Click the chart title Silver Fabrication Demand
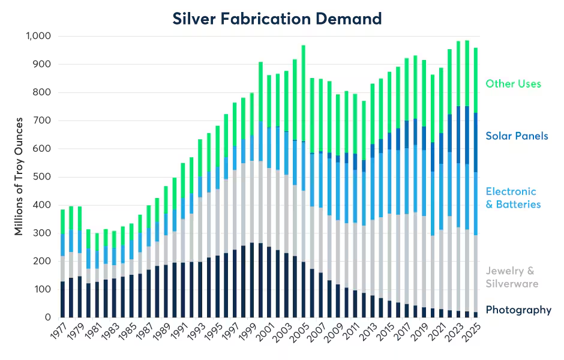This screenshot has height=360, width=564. [277, 19]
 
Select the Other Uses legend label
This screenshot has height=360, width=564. [513, 84]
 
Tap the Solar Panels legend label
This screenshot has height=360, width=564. [517, 136]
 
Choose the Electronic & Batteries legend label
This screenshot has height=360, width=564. [513, 198]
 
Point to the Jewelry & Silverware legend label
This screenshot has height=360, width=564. [512, 277]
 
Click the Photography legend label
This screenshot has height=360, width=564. [518, 310]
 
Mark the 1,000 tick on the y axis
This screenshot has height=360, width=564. [38, 36]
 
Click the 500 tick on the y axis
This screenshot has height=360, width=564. [43, 177]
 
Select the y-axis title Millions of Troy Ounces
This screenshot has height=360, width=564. [19, 177]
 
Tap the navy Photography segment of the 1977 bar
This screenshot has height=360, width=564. [63, 299]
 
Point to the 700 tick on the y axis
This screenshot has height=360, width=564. [43, 121]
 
